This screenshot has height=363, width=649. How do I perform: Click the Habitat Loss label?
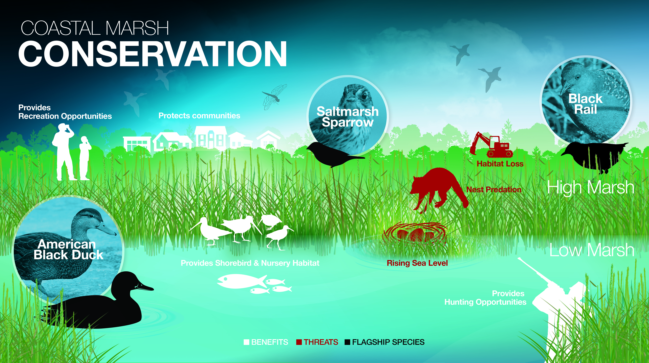coord(500,164)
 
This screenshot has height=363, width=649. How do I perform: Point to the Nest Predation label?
coord(494,190)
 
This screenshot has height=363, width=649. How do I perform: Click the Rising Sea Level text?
coord(417,263)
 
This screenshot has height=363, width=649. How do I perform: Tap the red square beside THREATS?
coord(299,342)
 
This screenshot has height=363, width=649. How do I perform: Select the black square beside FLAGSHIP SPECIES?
coord(347,342)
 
